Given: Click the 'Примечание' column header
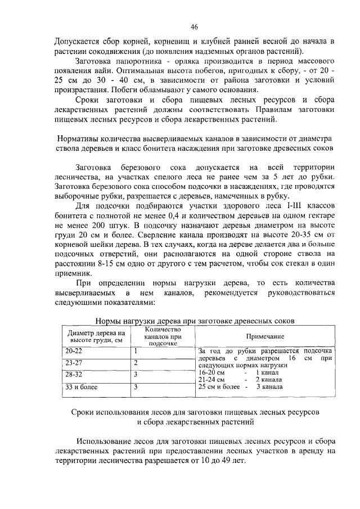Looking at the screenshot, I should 264,336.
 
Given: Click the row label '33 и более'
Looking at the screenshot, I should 81,387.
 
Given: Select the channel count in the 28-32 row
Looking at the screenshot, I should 136,374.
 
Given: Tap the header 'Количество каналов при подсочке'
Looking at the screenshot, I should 162,335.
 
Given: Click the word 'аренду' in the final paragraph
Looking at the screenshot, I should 314,451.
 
